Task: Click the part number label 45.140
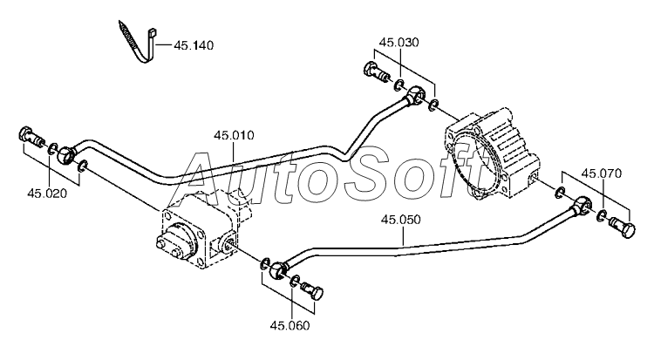194,45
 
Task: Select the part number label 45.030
399,43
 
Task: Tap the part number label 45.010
234,136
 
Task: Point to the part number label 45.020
47,194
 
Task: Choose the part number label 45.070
602,173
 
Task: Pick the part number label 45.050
401,220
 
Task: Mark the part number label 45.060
290,325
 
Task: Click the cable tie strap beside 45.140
139,44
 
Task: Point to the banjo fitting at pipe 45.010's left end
67,153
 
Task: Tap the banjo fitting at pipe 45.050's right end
581,204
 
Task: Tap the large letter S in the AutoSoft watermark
366,172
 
